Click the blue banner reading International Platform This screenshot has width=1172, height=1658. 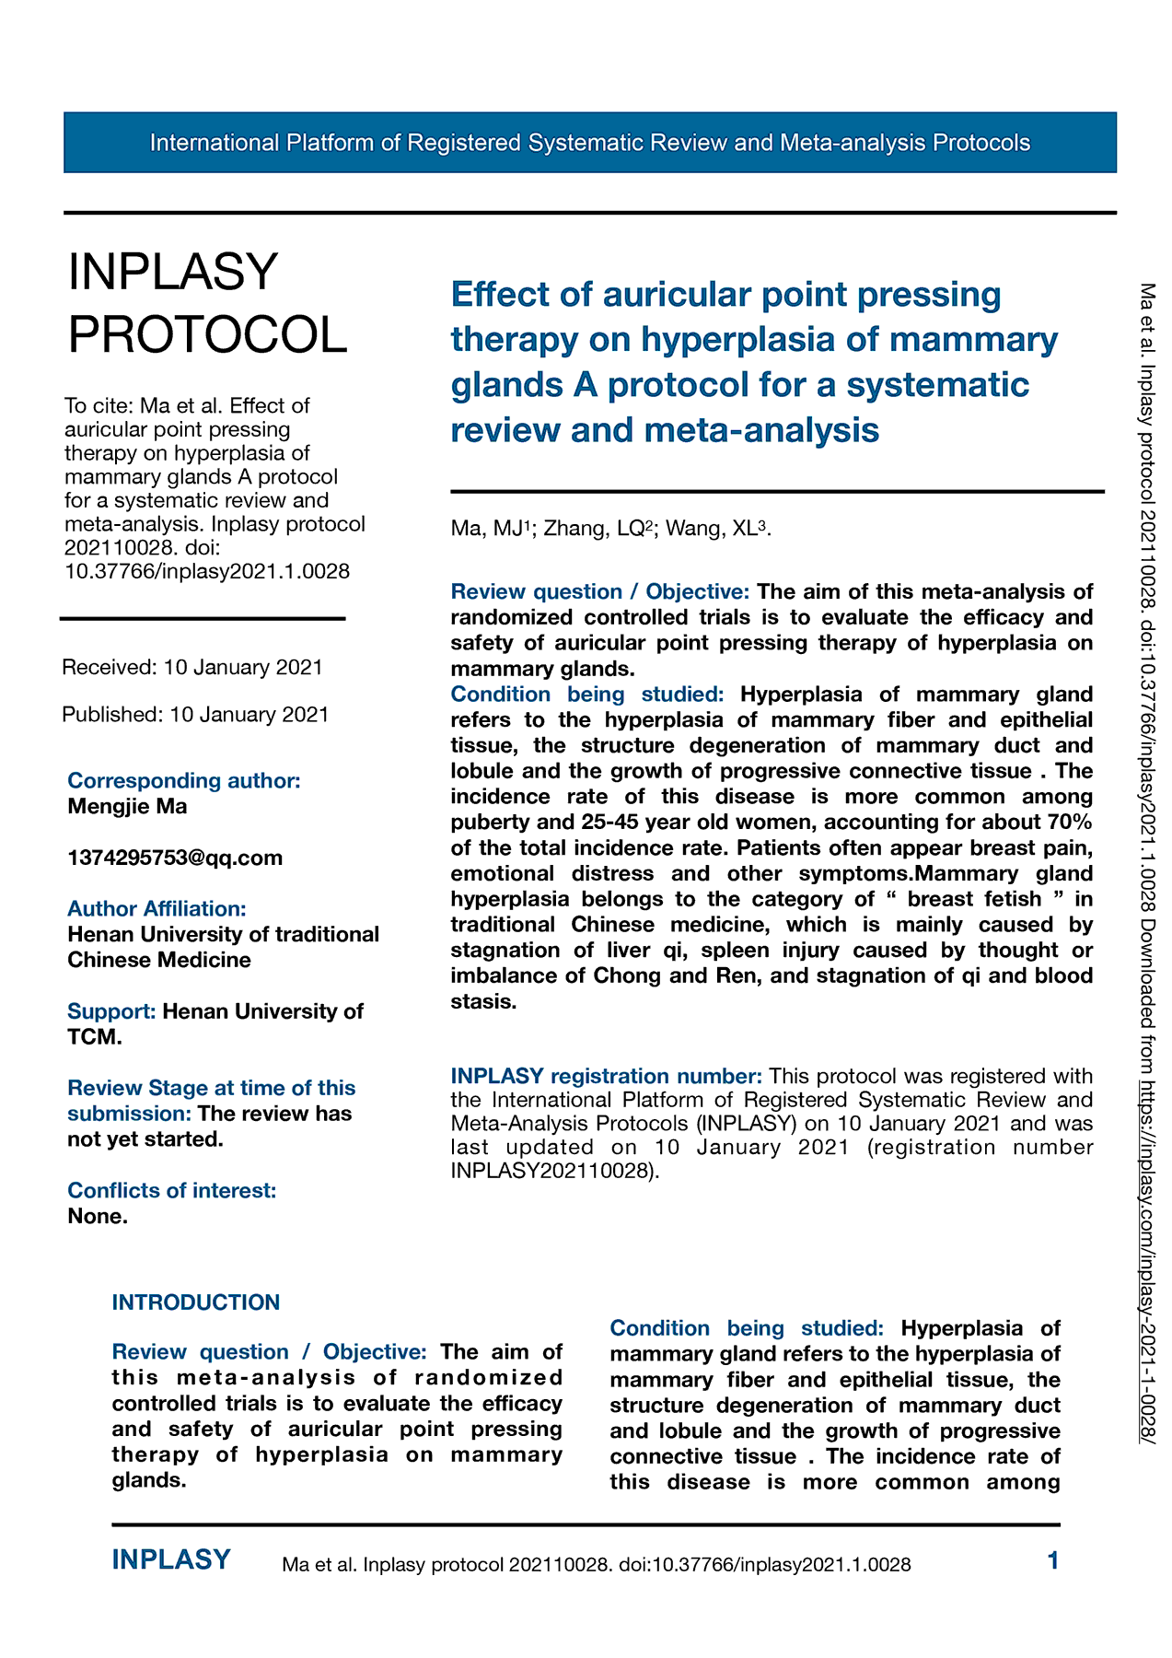coord(589,143)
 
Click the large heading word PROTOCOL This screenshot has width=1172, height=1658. coord(208,333)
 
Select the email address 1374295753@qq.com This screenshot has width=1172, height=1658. coord(175,858)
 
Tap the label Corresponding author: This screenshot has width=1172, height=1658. coord(184,780)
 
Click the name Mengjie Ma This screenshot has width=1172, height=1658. coord(127,806)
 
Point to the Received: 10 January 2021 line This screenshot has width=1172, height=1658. coord(192,667)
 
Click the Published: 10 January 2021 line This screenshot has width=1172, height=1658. coord(195,714)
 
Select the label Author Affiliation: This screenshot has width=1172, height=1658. coord(157,908)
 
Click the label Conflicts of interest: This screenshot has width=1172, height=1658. coord(171,1190)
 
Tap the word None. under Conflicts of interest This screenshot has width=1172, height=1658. coord(98,1216)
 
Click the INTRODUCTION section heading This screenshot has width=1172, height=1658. coord(196,1302)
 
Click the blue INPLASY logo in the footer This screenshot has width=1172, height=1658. coord(171,1559)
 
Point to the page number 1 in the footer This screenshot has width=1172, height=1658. coord(1053,1559)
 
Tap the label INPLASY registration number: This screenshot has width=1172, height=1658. coord(606,1076)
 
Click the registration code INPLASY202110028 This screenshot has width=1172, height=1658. coord(551,1172)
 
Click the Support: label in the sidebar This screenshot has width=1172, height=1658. coord(111,1011)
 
